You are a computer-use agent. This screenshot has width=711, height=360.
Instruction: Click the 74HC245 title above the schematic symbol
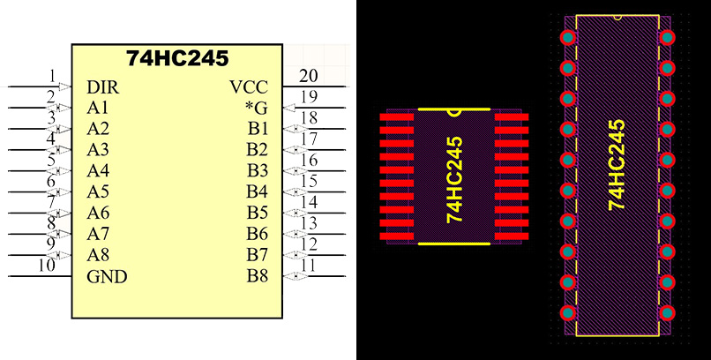point(177,59)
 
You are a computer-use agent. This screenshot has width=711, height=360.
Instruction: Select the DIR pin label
point(103,87)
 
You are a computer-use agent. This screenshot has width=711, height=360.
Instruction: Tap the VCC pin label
point(248,87)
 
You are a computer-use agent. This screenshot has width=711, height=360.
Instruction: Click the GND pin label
point(107,277)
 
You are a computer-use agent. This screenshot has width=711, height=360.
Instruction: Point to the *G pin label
point(256,109)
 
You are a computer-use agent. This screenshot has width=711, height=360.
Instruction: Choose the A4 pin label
point(98,171)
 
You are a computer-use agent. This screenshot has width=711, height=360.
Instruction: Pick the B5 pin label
point(257,214)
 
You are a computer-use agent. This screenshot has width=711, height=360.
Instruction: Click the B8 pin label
point(257,277)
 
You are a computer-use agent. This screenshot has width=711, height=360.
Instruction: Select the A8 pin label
point(98,256)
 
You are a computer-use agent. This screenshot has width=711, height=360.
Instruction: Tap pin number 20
point(308,76)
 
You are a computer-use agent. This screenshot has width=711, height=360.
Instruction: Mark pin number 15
point(309,181)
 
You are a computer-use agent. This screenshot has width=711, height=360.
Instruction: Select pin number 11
point(309,265)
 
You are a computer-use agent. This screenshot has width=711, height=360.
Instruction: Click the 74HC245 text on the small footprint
point(454,179)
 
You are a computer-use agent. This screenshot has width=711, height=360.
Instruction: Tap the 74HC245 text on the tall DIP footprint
point(617,164)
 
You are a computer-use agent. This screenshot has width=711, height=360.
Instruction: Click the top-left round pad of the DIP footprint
point(566,37)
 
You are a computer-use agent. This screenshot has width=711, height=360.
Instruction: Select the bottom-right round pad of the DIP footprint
point(667,312)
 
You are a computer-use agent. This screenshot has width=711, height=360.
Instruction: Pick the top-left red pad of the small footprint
point(397,116)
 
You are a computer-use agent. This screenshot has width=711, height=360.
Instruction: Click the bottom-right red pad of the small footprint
point(511,238)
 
